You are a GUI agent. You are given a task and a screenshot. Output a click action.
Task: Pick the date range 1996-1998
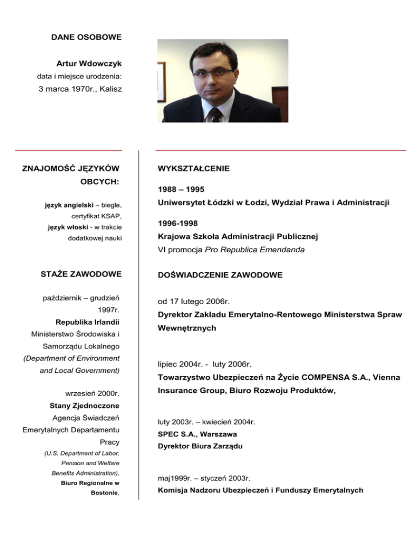pyautogui.click(x=178, y=222)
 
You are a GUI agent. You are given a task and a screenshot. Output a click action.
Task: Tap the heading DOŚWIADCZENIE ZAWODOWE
pyautogui.click(x=220, y=275)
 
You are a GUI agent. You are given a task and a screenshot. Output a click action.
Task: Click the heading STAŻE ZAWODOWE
pyautogui.click(x=81, y=274)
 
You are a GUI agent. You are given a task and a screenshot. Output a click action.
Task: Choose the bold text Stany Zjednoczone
pyautogui.click(x=88, y=405)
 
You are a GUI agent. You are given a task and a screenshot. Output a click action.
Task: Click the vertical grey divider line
pyautogui.click(x=139, y=324)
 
